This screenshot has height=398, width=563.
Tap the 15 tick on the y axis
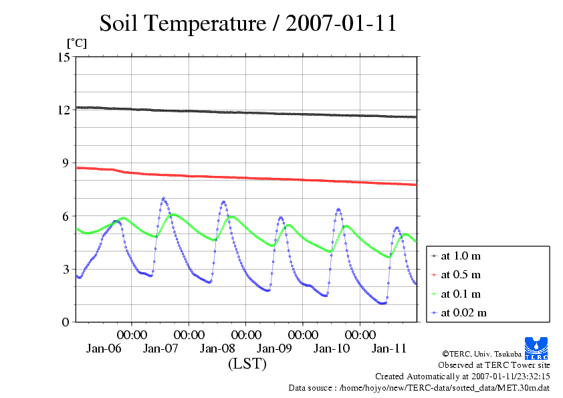(64, 57)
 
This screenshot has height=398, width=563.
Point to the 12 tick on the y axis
(64, 110)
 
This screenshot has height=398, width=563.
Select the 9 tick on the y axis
(66, 163)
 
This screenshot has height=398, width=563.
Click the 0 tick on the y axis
(66, 322)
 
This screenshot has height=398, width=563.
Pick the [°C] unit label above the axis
(76, 43)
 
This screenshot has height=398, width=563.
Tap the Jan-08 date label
(217, 349)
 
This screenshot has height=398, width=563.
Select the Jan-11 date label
(388, 349)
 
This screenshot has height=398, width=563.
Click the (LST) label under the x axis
(247, 365)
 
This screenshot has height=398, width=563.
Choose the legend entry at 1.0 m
(461, 256)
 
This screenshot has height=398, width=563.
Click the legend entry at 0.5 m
(461, 274)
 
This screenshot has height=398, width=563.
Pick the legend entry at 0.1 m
(461, 294)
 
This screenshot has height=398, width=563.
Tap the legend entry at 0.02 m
(464, 312)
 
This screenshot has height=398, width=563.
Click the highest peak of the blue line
(163, 198)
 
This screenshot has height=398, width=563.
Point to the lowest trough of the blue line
(382, 304)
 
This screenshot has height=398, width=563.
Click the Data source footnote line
(419, 387)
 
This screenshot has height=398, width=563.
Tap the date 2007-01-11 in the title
(341, 23)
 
